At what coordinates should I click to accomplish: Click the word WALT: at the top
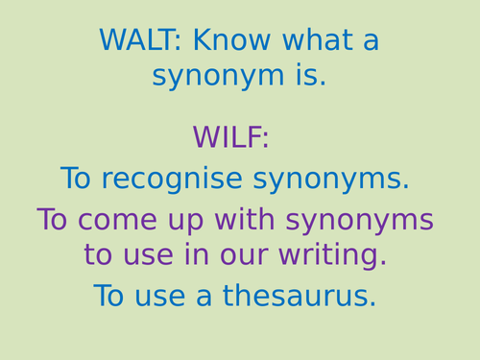tap(141, 41)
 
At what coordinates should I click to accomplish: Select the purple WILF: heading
tap(230, 137)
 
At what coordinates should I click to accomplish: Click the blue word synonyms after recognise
tap(331, 180)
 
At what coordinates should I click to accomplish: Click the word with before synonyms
tap(242, 220)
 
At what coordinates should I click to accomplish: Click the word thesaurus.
tap(300, 296)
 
